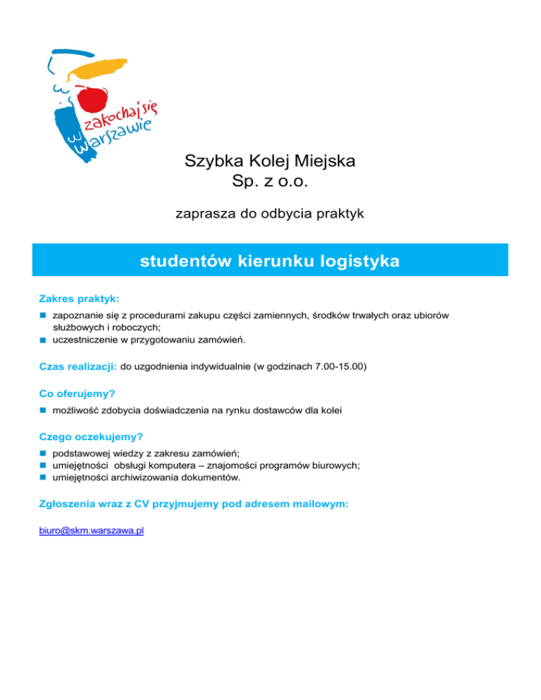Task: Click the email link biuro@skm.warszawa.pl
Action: click(92, 531)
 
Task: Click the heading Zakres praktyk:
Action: click(79, 299)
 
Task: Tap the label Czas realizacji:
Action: click(78, 367)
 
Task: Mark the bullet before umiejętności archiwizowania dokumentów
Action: click(43, 477)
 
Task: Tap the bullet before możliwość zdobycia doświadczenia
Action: click(43, 409)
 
